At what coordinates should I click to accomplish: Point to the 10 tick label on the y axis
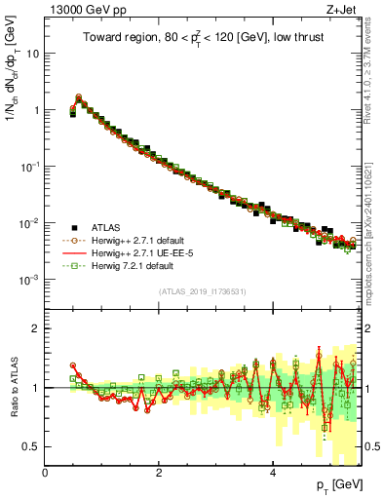click(33, 54)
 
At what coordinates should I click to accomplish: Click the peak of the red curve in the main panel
click(79, 96)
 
